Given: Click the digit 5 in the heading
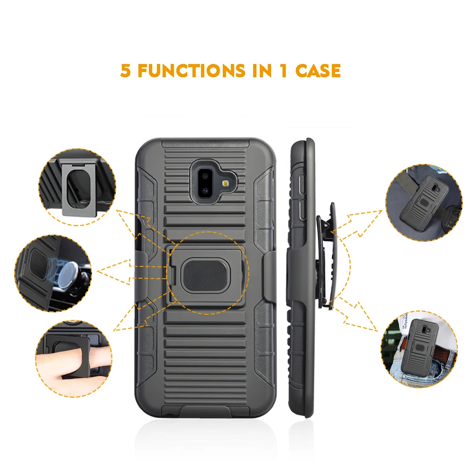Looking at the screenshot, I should (126, 71).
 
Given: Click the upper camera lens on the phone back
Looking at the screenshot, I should (205, 175).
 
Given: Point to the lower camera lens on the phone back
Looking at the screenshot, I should (205, 191).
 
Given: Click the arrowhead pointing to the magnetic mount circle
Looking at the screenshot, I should (107, 271).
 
